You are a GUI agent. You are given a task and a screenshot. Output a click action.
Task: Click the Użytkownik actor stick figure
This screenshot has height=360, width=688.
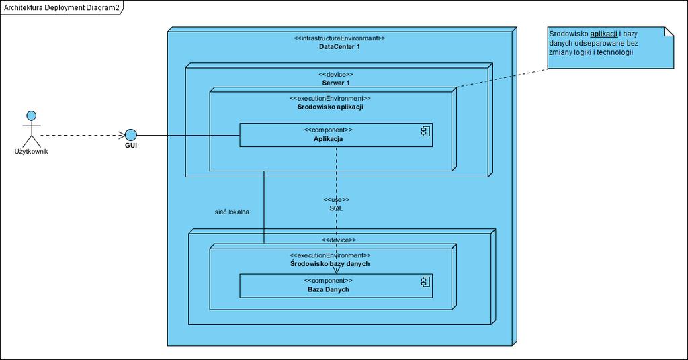tap(31, 130)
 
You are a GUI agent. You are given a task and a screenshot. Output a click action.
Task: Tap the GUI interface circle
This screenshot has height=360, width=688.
tap(131, 135)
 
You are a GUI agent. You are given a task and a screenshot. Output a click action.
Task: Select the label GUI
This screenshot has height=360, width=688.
tap(131, 146)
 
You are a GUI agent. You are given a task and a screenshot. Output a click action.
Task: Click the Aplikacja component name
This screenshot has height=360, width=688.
tap(328, 139)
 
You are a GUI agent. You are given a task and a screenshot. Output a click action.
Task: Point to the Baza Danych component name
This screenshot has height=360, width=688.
tap(328, 290)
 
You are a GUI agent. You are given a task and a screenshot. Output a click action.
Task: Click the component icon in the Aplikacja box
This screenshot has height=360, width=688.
tap(425, 131)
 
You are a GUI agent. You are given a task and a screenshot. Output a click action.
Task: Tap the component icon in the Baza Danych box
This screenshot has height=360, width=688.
tap(425, 282)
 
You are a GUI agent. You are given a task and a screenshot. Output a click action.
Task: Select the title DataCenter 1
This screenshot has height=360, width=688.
tap(339, 46)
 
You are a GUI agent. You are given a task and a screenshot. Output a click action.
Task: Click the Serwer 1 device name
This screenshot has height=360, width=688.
tap(336, 83)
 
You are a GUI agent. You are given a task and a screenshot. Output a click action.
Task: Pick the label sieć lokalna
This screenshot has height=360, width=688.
tap(232, 212)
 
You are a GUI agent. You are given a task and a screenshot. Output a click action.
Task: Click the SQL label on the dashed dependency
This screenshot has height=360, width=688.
tap(336, 208)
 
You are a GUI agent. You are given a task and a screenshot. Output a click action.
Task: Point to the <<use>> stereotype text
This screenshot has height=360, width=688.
tap(337, 200)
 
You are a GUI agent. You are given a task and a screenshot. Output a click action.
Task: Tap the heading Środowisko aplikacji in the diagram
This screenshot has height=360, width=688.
tap(331, 107)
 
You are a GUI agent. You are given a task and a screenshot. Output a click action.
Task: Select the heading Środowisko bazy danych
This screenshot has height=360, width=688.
tap(330, 263)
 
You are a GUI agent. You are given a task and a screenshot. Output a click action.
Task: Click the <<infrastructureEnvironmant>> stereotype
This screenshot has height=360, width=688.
tap(339, 38)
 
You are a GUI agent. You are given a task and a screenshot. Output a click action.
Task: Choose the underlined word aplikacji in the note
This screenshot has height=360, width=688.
tap(604, 34)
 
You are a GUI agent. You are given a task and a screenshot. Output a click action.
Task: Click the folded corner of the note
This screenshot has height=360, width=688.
tap(669, 32)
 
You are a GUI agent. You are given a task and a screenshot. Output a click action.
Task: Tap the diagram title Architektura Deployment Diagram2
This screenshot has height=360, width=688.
tap(61, 7)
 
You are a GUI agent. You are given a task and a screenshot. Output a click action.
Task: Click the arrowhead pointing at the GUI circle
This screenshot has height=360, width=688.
tap(122, 136)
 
